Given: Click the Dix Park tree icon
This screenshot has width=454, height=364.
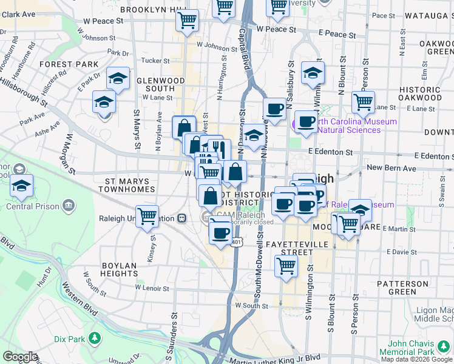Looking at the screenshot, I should tap(94, 338).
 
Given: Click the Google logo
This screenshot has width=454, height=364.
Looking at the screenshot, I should tap(20, 357).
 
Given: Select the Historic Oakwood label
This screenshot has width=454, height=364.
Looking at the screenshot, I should tap(420, 93).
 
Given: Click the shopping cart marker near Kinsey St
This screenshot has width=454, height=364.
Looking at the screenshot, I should tap(147, 216).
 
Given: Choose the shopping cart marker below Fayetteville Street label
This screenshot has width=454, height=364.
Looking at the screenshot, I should tap(285, 265).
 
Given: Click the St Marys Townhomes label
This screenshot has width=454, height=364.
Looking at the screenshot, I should tap(130, 184).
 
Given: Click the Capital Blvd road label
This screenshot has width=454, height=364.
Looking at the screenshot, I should tap(245, 45).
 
